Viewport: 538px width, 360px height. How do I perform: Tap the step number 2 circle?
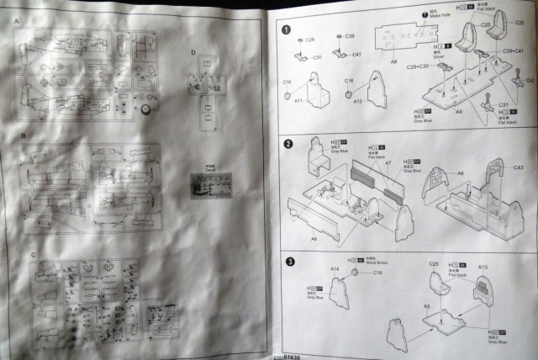pyautogui.click(x=287, y=144)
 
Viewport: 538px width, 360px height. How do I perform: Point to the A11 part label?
pyautogui.click(x=298, y=100)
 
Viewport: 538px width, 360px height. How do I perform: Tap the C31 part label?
pyautogui.click(x=504, y=105)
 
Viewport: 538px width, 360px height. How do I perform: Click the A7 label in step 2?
pyautogui.click(x=388, y=163)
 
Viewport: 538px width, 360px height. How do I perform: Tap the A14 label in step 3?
pyautogui.click(x=335, y=268)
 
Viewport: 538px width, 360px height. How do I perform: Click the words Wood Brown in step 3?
pyautogui.click(x=377, y=263)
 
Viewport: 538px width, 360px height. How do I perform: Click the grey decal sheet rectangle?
pyautogui.click(x=208, y=183)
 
